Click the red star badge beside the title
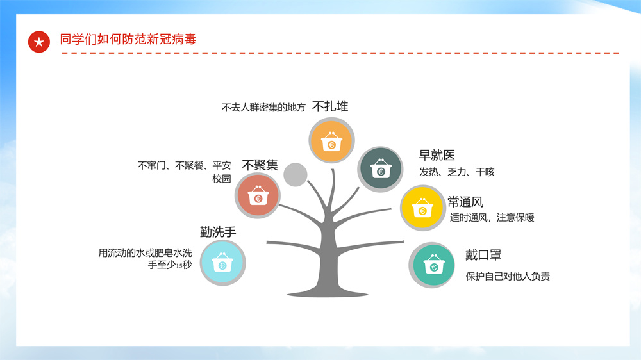tap(39, 42)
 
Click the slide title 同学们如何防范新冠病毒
tap(128, 39)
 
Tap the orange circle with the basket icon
tap(331, 140)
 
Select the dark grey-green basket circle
tap(381, 169)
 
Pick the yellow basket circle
tap(422, 208)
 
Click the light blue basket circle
tap(223, 263)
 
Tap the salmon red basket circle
tap(258, 196)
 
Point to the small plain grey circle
tap(295, 174)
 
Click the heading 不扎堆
tap(330, 106)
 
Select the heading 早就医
tap(437, 155)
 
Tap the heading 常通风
tap(465, 202)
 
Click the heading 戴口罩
tap(483, 255)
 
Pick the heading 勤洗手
tap(218, 232)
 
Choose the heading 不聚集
tap(260, 165)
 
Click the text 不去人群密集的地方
tap(263, 108)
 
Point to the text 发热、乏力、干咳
tap(457, 172)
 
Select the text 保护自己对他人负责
tap(508, 276)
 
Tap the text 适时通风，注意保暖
tap(492, 217)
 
